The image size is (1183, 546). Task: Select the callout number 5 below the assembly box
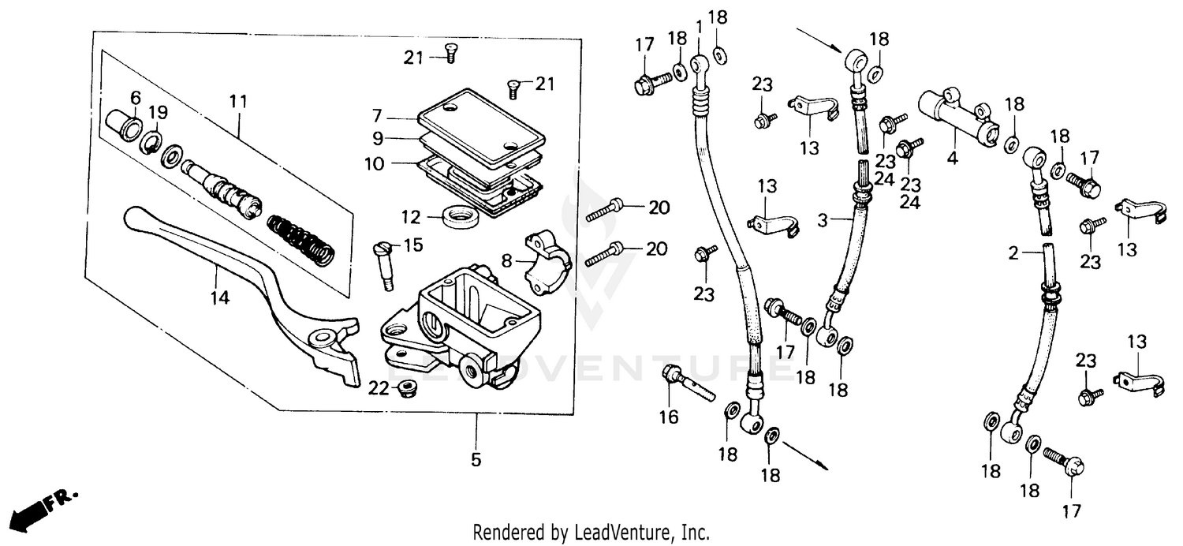(476, 459)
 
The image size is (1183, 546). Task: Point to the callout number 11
(238, 101)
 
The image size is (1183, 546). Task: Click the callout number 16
(668, 417)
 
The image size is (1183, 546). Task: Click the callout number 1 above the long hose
(699, 26)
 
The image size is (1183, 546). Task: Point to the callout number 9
(379, 138)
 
